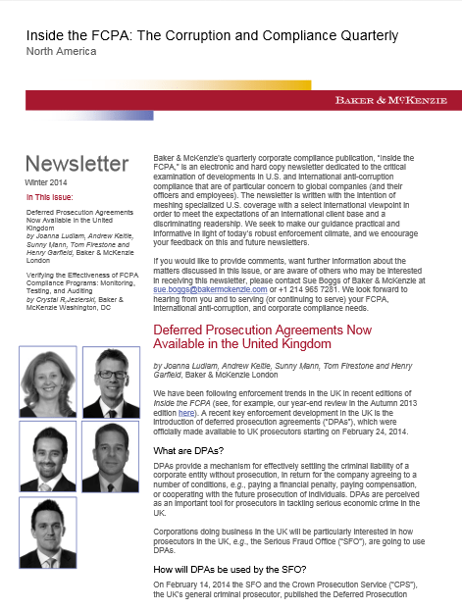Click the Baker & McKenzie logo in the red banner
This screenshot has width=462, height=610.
click(390, 100)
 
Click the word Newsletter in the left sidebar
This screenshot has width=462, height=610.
click(76, 163)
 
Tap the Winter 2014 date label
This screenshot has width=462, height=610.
click(45, 182)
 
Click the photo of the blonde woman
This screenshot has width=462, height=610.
click(47, 382)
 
